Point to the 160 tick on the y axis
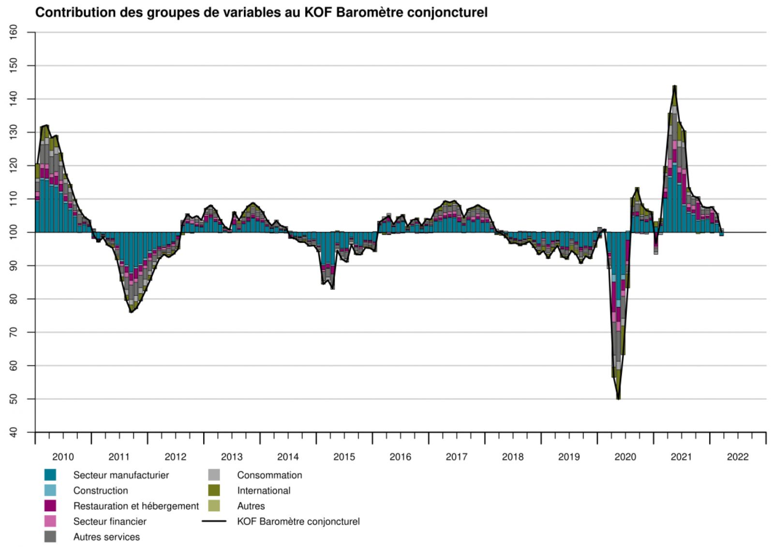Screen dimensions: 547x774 click(x=13, y=32)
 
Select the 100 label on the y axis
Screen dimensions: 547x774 click(x=13, y=232)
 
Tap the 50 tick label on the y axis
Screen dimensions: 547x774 click(x=13, y=399)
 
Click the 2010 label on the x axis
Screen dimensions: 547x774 click(x=63, y=457)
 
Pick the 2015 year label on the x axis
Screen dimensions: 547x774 click(x=344, y=457)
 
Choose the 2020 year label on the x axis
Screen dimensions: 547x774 click(x=625, y=457)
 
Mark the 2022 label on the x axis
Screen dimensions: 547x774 click(x=737, y=457)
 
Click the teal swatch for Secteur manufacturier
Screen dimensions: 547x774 click(x=50, y=475)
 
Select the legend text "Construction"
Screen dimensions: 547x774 click(x=101, y=490)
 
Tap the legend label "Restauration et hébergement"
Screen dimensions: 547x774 click(x=136, y=506)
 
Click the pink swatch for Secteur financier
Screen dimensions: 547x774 click(x=50, y=521)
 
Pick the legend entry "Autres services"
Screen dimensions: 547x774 click(x=106, y=537)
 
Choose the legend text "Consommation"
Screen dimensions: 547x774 click(x=269, y=475)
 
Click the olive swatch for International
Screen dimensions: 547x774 click(x=214, y=490)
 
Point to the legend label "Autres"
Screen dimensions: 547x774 click(x=251, y=506)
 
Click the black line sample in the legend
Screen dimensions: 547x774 click(x=214, y=521)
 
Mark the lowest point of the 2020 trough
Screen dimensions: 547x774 click(x=618, y=399)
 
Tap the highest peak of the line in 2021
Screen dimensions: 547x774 click(x=674, y=86)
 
